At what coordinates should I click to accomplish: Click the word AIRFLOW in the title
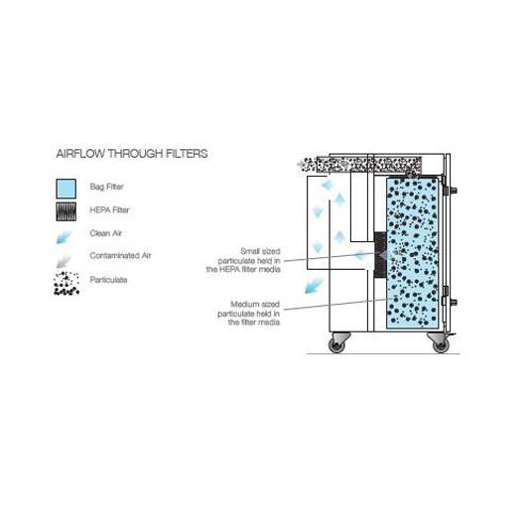coord(80,154)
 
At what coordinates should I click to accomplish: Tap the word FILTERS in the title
coord(187,154)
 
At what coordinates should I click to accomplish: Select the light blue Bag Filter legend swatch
coord(66,189)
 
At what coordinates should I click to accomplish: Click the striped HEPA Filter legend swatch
coord(66,211)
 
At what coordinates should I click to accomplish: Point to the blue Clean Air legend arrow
coord(64,237)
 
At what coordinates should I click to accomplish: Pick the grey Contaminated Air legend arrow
coord(64,261)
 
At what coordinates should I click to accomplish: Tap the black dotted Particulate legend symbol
coord(66,283)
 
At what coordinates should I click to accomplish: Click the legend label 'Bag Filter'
coord(106,187)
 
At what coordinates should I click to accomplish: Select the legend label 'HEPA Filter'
coord(109,209)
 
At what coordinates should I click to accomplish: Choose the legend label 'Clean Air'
coord(105,233)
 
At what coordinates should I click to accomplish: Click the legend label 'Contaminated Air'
coord(120,256)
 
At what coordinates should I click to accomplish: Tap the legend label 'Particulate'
coord(108,280)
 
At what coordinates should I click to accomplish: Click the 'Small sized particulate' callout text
coord(243,260)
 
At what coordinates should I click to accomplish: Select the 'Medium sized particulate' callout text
coord(249,313)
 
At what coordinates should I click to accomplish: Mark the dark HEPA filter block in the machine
coord(380,255)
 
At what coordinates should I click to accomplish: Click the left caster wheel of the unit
coord(336,344)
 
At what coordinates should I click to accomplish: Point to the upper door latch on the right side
coord(449,190)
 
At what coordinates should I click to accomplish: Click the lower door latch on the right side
coord(449,302)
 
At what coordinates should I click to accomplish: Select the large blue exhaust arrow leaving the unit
coord(314,286)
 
